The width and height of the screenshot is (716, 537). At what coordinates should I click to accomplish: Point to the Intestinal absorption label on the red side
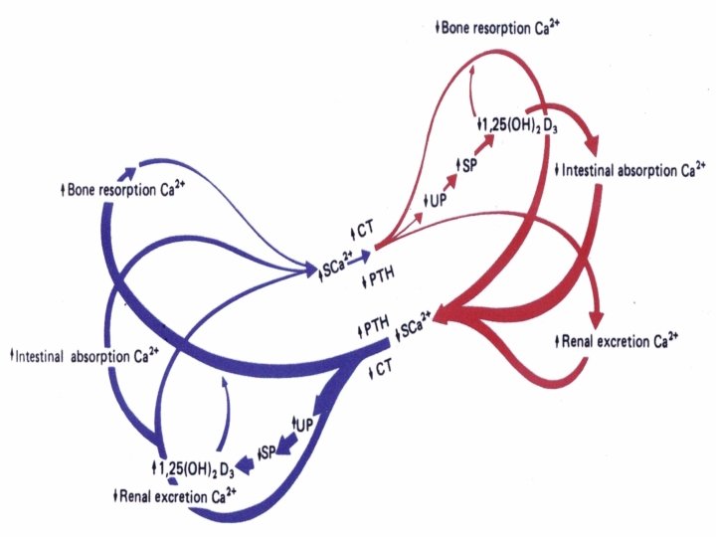[630, 170]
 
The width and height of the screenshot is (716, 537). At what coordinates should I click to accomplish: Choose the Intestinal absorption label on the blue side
[77, 354]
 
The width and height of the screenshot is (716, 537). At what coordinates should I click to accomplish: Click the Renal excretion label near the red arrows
[617, 342]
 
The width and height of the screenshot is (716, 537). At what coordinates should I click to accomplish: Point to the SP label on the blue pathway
[266, 452]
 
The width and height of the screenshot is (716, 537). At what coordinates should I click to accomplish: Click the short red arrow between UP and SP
[451, 183]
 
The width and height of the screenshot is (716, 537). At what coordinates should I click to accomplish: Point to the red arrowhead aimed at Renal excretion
[596, 319]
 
